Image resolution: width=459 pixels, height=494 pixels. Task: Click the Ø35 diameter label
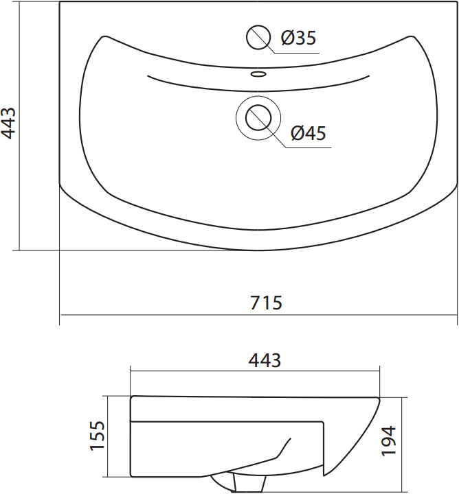click(298, 38)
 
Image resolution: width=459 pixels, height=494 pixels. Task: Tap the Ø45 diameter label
click(309, 133)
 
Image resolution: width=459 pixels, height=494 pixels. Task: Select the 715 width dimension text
click(266, 303)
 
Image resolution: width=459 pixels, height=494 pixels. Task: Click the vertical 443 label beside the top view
click(8, 123)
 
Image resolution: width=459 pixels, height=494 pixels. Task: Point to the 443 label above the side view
click(265, 360)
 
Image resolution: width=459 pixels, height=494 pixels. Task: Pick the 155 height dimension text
click(97, 436)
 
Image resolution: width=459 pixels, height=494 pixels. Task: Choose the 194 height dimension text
click(388, 440)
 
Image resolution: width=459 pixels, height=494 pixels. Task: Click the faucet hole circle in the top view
click(258, 37)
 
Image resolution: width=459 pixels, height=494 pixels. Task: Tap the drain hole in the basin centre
click(258, 118)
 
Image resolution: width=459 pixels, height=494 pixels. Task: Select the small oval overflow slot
click(258, 74)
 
